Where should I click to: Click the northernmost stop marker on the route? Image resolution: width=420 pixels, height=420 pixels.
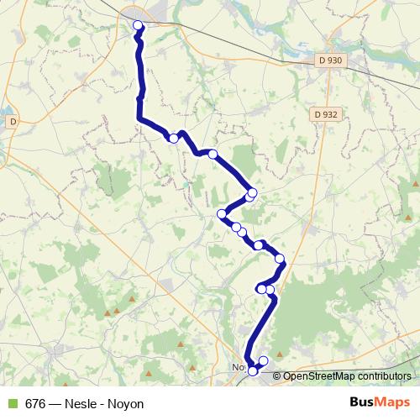[x=138, y=25]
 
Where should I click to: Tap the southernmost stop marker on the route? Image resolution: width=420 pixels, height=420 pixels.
[x=253, y=371]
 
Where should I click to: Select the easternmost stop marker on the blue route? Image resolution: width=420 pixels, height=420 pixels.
[x=280, y=259]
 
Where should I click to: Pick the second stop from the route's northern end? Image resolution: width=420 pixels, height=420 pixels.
[x=174, y=139]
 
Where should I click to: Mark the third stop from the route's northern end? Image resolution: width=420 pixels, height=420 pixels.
[x=213, y=154]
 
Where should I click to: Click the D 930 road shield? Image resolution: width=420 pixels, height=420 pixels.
[x=331, y=60]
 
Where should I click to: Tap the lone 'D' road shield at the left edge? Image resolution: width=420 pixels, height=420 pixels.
[x=13, y=122]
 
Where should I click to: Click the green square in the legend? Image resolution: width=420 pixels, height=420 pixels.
[x=13, y=403]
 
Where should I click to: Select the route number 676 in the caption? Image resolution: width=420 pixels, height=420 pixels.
[x=35, y=403]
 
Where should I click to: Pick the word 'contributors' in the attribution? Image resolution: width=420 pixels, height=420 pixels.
[x=386, y=376]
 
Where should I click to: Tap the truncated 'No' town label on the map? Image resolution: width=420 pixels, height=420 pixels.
[x=238, y=368]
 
